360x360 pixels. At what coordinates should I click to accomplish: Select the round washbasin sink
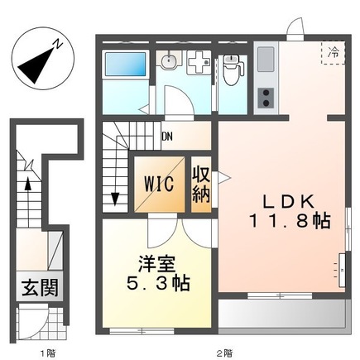[x=168, y=61]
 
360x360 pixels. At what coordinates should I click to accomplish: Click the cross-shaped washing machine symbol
[x=198, y=63]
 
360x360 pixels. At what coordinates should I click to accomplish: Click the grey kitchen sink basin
[x=266, y=59]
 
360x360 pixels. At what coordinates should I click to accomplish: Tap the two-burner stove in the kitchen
[x=267, y=97]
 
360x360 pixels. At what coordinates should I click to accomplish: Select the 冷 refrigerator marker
[x=334, y=52]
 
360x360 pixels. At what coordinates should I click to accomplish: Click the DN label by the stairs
[x=168, y=137]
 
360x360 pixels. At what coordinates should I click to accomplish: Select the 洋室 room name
[x=155, y=265]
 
